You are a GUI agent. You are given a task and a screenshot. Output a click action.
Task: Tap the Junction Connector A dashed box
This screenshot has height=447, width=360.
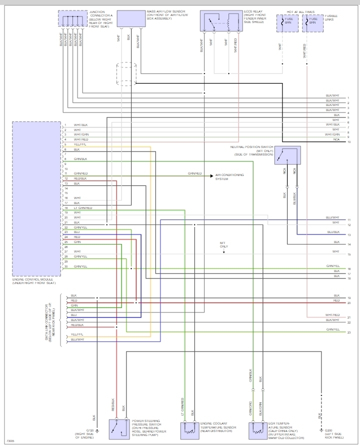click(72, 18)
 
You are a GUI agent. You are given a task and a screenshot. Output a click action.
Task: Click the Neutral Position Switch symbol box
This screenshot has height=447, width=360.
click(287, 155)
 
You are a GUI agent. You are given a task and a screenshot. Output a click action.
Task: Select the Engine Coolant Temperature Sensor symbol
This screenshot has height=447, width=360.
click(188, 429)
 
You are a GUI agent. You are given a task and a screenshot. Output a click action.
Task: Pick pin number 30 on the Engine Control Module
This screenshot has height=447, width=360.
click(65, 266)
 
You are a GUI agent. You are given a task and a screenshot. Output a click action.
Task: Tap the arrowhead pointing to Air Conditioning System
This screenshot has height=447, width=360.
click(212, 175)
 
